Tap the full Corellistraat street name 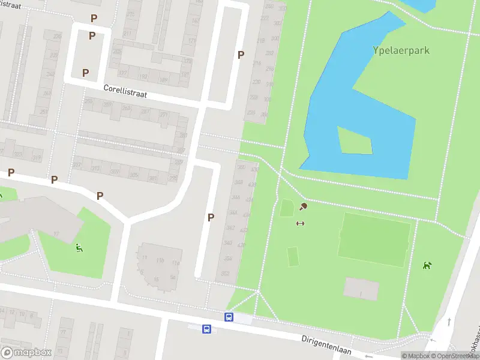point(125,91)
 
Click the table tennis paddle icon point(304,207)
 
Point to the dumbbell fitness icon point(300,224)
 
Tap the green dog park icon point(427,265)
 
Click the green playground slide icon point(79,248)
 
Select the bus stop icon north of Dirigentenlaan point(229,317)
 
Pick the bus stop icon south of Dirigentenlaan point(206,329)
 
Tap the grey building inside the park point(361,289)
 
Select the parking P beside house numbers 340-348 point(211,217)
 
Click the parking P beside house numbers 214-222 point(241,55)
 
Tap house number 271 point(163,115)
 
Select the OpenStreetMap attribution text point(453,356)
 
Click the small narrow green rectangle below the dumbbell point(293,256)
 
